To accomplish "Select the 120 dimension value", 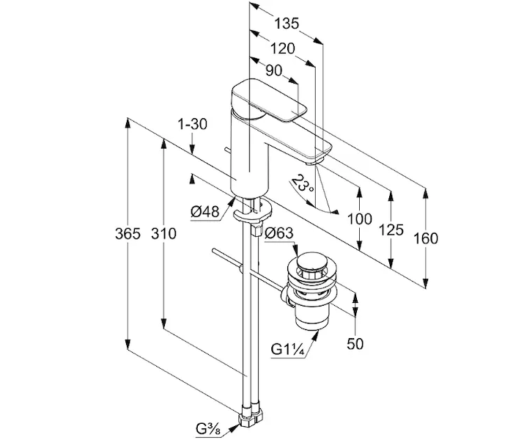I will point(281,48).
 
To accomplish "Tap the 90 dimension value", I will point(273,70).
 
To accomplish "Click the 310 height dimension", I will point(163,235).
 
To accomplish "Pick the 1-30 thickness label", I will point(191,125).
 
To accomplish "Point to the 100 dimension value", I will point(359,219).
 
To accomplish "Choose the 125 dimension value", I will point(391,230).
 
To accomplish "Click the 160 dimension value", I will point(425,238).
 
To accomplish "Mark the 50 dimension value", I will point(355,343).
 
